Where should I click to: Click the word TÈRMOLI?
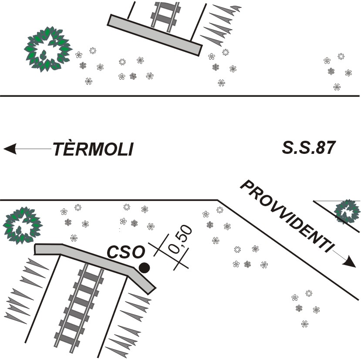[x=93, y=149]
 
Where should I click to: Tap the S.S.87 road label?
[x=308, y=148]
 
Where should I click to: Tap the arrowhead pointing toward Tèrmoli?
[x=10, y=149]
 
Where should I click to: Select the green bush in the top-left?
[x=47, y=49]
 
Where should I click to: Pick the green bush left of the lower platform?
[x=20, y=225]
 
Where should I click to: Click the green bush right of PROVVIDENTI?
[x=347, y=212]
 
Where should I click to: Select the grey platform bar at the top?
[x=155, y=35]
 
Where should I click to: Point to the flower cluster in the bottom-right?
[x=304, y=307]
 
